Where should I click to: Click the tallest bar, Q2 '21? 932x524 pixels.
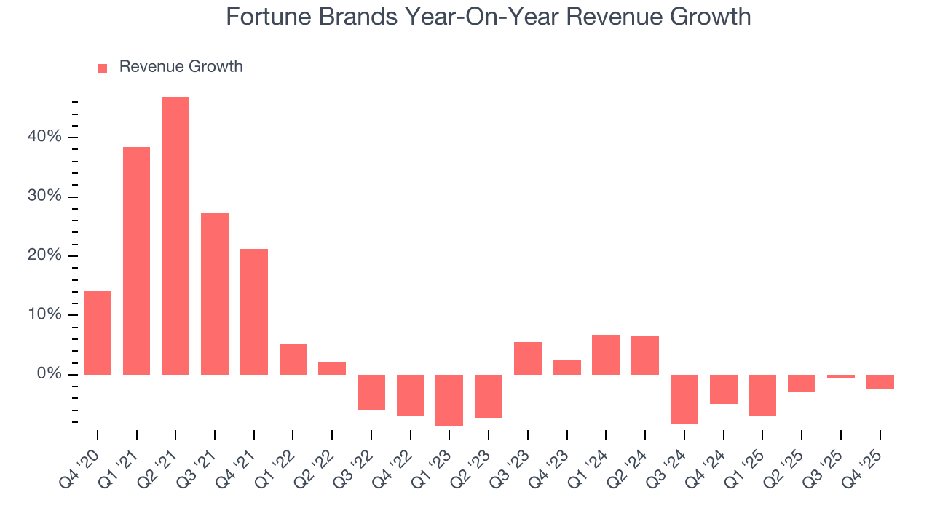coord(175,236)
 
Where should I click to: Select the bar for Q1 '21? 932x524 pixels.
coord(136,261)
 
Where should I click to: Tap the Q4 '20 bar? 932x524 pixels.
coord(98,333)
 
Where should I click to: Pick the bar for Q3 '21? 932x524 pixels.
coord(215,293)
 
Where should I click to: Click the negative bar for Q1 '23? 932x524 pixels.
coord(449,400)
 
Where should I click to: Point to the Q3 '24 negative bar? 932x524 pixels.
coord(684,399)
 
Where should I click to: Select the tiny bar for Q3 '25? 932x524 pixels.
coord(841,376)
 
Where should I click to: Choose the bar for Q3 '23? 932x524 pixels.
coord(528,358)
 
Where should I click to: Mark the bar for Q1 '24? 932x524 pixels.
coord(606,354)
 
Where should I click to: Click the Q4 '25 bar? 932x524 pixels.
coord(880,381)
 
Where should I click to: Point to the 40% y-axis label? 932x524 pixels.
coord(45,138)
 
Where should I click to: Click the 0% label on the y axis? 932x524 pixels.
coord(49,374)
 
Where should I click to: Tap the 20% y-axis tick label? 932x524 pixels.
coord(45,256)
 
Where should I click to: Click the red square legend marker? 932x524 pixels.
coord(103,68)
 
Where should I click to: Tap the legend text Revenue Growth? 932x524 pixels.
coord(181,67)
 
